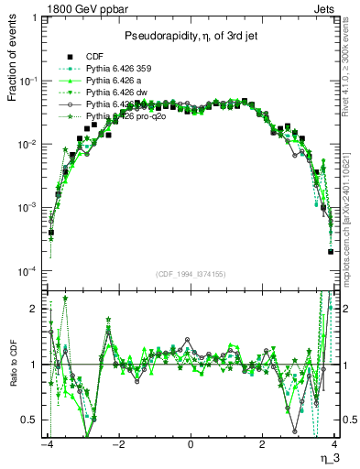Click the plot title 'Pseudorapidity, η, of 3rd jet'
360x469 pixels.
pyautogui.click(x=191, y=35)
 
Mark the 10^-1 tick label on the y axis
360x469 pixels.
pyautogui.click(x=30, y=82)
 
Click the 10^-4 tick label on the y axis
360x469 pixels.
pyautogui.click(x=30, y=272)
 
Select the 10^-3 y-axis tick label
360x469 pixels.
pyautogui.click(x=30, y=209)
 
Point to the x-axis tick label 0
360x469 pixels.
pyautogui.click(x=191, y=444)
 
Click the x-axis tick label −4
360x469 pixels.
pyautogui.click(x=47, y=444)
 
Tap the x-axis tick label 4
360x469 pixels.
pyautogui.click(x=334, y=444)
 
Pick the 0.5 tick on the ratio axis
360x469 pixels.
pyautogui.click(x=31, y=420)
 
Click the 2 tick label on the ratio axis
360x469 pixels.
pyautogui.click(x=35, y=309)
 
